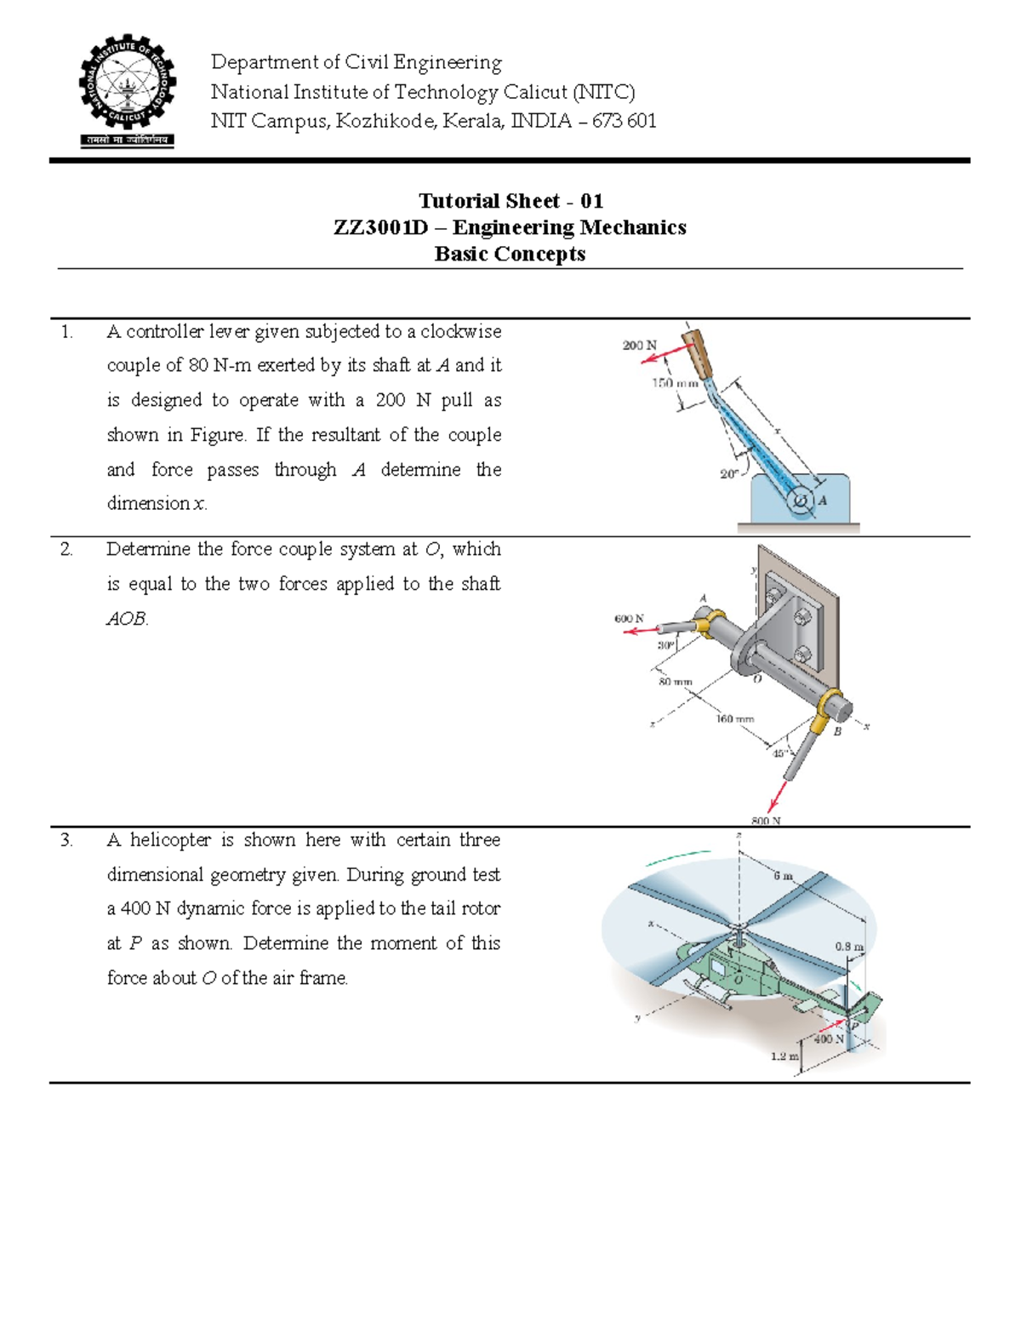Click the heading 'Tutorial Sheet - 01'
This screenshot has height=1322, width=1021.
[510, 201]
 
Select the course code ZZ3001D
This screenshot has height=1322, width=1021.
[380, 227]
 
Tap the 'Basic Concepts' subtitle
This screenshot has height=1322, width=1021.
[510, 254]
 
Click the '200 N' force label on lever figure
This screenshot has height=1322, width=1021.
[639, 345]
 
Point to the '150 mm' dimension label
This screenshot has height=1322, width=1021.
[675, 383]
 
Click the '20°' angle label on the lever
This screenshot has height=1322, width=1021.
[729, 474]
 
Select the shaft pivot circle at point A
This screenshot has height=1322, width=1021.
[800, 501]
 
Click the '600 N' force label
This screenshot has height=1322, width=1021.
[629, 619]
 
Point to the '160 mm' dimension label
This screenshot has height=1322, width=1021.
[734, 718]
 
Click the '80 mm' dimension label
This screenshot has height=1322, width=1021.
[676, 682]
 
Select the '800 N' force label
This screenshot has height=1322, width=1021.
[765, 821]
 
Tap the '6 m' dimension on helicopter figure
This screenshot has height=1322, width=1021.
[783, 876]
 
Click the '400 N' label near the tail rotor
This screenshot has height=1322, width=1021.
[828, 1039]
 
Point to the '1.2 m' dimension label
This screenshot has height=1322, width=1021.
[784, 1056]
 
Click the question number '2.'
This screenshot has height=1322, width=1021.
[66, 549]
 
